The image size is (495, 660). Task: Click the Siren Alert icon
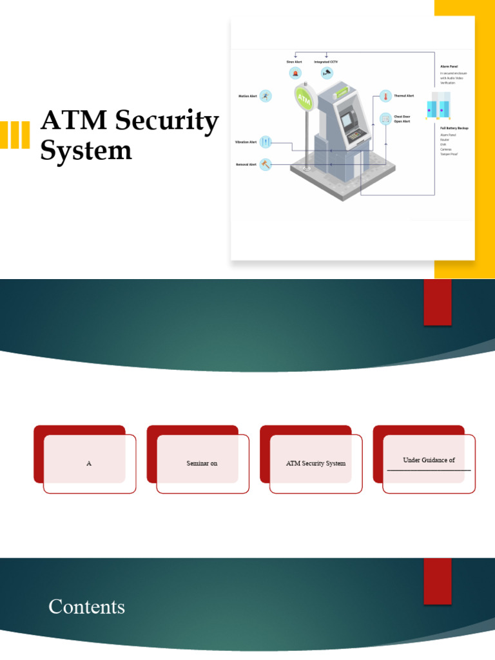click(x=295, y=73)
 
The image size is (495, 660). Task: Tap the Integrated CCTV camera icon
click(x=326, y=73)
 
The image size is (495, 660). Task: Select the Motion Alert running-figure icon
click(x=266, y=96)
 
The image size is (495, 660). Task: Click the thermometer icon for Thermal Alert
click(x=385, y=96)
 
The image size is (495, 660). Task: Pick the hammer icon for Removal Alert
click(x=266, y=164)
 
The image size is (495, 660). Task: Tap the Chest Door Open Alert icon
click(x=385, y=119)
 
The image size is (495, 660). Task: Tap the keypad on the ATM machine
click(x=354, y=136)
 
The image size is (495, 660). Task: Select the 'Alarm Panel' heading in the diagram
click(x=449, y=66)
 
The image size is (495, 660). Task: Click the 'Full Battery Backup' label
click(x=454, y=128)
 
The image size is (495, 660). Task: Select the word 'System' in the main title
click(x=86, y=151)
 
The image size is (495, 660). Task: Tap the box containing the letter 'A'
click(x=89, y=463)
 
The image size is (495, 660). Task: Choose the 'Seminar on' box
click(x=202, y=463)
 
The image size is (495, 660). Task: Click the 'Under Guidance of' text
click(x=429, y=460)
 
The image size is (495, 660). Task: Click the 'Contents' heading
click(x=86, y=607)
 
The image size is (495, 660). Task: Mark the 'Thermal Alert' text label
click(x=404, y=95)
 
